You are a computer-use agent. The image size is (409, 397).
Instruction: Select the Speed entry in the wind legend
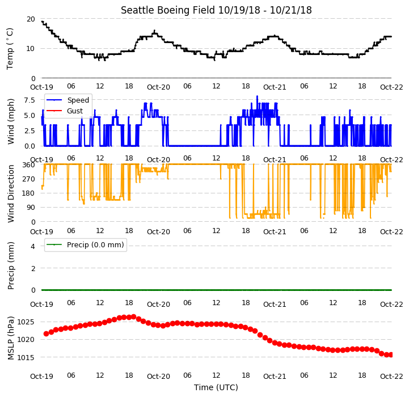78,100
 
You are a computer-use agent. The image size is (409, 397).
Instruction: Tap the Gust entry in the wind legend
75,111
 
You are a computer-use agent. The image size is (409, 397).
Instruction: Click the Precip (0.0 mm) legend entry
95,244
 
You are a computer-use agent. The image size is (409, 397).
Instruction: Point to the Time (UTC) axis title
216,387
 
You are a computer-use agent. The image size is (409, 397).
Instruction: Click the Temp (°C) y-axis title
10,49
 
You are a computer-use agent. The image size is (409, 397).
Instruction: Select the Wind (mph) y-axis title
10,121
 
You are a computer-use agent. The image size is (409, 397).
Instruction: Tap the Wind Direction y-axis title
10,193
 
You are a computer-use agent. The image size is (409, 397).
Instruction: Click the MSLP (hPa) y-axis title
10,339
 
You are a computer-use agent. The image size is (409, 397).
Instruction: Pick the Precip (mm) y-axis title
10,265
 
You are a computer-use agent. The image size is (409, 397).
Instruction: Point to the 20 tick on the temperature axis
31,19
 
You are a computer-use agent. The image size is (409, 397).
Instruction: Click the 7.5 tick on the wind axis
29,100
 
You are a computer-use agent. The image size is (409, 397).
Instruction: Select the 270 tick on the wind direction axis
29,179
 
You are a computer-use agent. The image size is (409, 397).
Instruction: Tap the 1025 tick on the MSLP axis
26,322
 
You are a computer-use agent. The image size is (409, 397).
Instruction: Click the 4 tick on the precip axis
33,246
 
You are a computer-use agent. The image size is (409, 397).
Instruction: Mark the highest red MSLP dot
133,317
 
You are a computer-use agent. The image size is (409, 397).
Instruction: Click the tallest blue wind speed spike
257,96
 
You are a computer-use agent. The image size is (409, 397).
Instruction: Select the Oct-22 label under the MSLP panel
391,377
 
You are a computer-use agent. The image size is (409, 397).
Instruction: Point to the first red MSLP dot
46,333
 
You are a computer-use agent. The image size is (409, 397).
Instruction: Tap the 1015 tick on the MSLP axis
26,358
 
